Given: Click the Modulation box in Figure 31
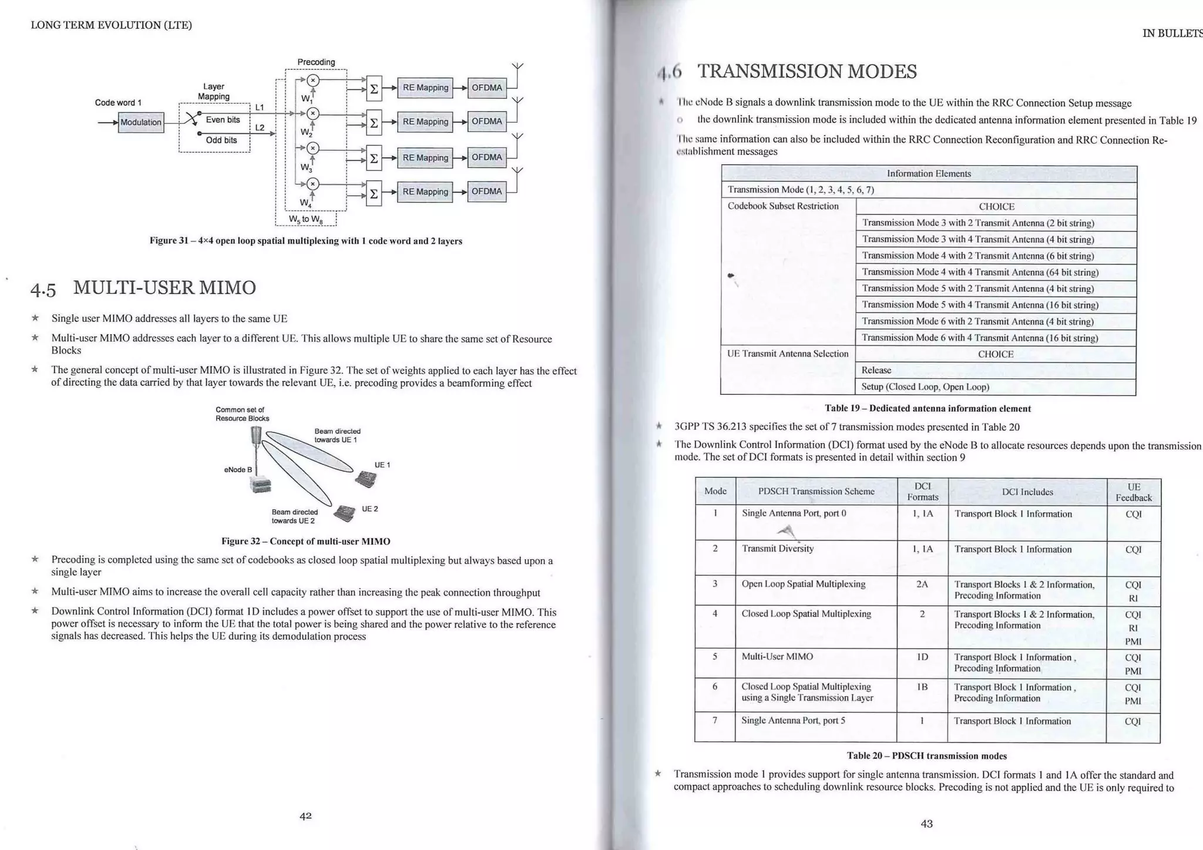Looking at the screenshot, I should point(141,122).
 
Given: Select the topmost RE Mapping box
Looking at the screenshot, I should point(425,88).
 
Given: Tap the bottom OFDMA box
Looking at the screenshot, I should point(486,191).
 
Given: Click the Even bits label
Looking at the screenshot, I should point(223,120).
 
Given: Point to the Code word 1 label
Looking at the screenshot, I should point(118,103).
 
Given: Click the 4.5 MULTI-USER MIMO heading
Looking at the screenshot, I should point(143,288).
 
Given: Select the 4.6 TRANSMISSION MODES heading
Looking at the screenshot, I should point(787,72).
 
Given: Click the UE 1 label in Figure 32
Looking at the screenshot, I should point(382,465).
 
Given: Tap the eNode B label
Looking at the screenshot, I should point(238,469).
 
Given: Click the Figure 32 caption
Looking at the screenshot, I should point(305,541).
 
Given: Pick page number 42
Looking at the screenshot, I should point(305,815).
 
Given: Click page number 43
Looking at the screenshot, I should point(926,824).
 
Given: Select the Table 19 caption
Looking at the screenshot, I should point(928,408).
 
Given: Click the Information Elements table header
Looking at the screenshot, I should point(929,173).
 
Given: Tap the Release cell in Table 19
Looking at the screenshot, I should point(876,370).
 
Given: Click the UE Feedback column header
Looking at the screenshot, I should point(1133,492).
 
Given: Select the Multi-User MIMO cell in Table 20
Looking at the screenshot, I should point(777,656).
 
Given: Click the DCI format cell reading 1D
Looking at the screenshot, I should point(922,657).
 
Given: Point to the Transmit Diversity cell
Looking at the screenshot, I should point(778,549).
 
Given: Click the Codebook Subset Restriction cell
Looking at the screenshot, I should point(783,206).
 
